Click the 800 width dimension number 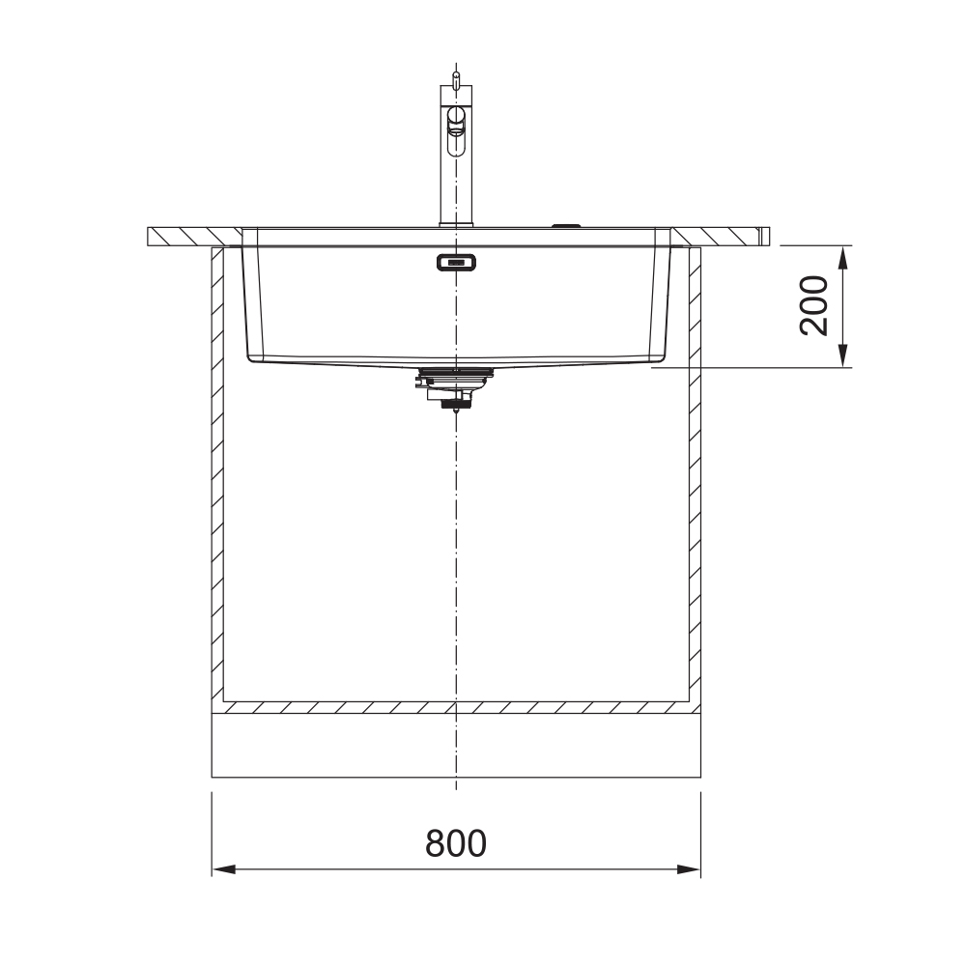[x=456, y=843]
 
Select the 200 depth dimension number [x=813, y=306]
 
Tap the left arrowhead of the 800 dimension [x=224, y=870]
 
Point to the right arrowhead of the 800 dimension [x=689, y=870]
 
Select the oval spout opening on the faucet [x=457, y=130]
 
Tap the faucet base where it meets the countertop [x=456, y=225]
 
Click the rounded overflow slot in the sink [x=456, y=263]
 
